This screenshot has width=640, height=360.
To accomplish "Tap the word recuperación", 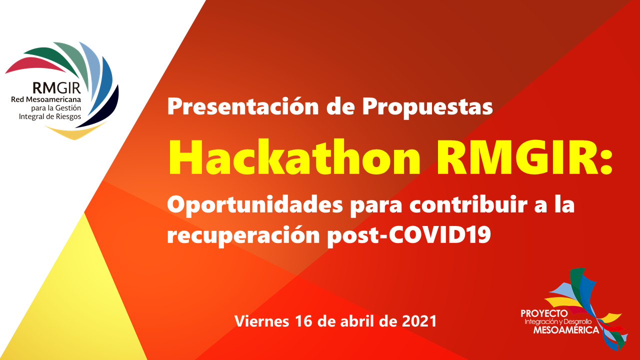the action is pos(243,235).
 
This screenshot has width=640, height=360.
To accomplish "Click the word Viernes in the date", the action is pos(261,321).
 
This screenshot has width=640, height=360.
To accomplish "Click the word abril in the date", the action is pos(357,321).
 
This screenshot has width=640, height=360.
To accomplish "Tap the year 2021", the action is pos(419,321).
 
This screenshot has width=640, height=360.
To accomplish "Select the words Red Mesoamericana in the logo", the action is pos(46,99).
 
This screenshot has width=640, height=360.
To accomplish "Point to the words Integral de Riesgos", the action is pos(50,117).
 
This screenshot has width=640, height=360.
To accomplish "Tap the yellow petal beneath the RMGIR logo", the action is pos(75,132).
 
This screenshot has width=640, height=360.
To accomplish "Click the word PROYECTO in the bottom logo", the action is pos(544,313).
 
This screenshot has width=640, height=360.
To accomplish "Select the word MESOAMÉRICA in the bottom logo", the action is pos(566,330).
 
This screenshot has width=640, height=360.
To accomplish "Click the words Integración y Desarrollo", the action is pos(558,322).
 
